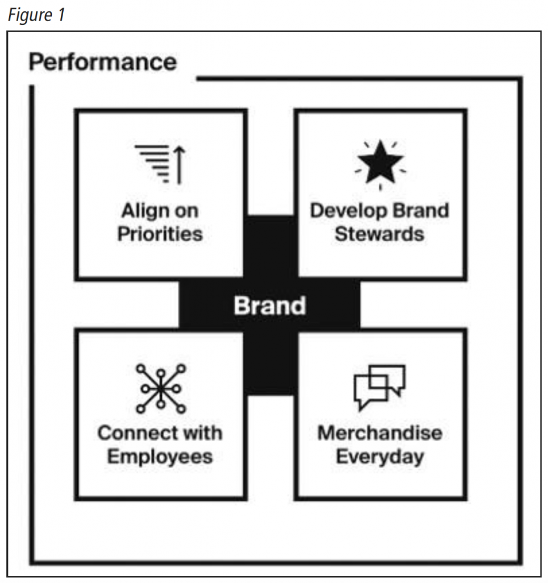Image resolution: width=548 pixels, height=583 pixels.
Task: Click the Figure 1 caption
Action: (36, 15)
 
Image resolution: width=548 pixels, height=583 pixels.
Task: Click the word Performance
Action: (103, 61)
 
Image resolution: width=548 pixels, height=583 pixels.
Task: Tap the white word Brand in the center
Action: (270, 306)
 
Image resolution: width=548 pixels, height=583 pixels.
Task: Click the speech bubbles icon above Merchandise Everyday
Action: (380, 387)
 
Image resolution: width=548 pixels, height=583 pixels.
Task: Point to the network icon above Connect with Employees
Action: (160, 388)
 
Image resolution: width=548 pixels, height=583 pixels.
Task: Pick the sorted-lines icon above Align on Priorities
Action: (160, 164)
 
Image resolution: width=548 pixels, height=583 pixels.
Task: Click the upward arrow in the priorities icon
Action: (179, 165)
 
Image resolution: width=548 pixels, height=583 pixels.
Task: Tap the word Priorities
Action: (160, 234)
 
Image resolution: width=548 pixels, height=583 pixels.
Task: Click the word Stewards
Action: (380, 234)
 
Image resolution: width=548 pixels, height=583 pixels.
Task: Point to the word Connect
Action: (135, 433)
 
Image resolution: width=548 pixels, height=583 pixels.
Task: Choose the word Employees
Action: (160, 457)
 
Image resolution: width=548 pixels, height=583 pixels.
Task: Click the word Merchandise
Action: (380, 433)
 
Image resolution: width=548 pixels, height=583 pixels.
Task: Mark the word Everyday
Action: (380, 457)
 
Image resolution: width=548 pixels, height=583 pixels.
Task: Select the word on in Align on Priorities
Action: (186, 212)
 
